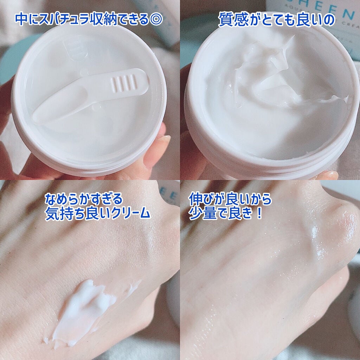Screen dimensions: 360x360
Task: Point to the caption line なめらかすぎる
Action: pos(84,199)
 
